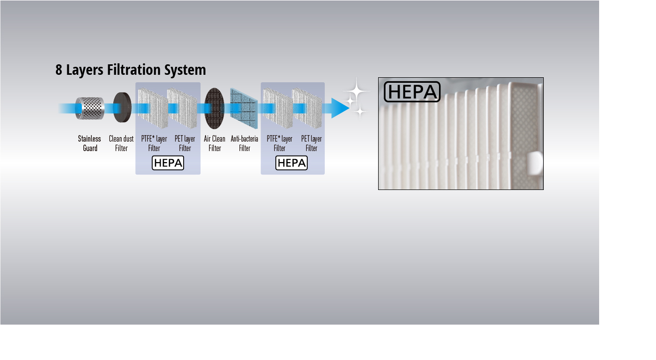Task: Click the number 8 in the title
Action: (59, 70)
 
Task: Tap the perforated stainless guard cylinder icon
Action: (90, 108)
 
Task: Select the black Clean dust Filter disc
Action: (122, 108)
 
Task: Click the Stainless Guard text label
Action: (90, 144)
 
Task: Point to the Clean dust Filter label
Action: (121, 144)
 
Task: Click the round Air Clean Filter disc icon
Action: (214, 108)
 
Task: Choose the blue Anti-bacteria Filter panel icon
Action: (244, 108)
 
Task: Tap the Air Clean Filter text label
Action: (215, 144)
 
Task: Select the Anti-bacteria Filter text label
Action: (244, 144)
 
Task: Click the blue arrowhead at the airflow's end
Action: (340, 108)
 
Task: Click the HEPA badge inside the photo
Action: (412, 92)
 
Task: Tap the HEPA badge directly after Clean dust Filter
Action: (168, 163)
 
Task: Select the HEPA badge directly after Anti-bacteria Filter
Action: (292, 163)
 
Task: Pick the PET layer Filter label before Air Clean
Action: (185, 144)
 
